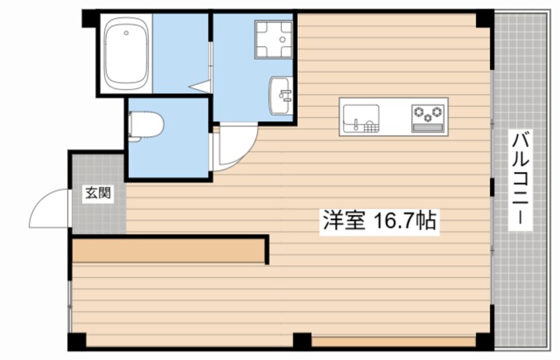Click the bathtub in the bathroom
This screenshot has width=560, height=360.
point(126,53)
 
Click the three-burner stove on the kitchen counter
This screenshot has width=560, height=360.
point(427,112)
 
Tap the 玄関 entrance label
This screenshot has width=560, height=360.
point(97,194)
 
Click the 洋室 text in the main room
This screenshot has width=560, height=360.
point(344,220)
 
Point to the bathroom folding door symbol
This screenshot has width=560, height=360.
point(201,85)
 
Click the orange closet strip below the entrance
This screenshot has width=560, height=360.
point(169,251)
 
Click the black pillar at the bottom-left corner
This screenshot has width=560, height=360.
point(77,341)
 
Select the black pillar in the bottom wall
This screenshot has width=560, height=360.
point(302,341)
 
